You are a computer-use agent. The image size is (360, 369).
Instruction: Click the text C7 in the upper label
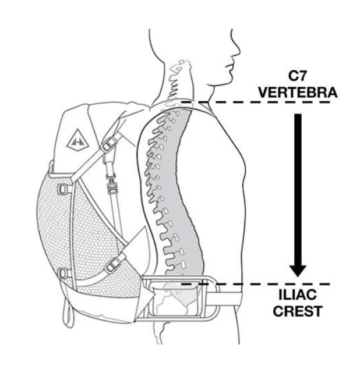(298, 77)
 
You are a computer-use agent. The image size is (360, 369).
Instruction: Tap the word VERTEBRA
(298, 93)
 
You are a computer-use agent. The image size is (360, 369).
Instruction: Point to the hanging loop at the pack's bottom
(69, 315)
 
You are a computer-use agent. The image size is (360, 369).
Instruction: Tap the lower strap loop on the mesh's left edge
(62, 272)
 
